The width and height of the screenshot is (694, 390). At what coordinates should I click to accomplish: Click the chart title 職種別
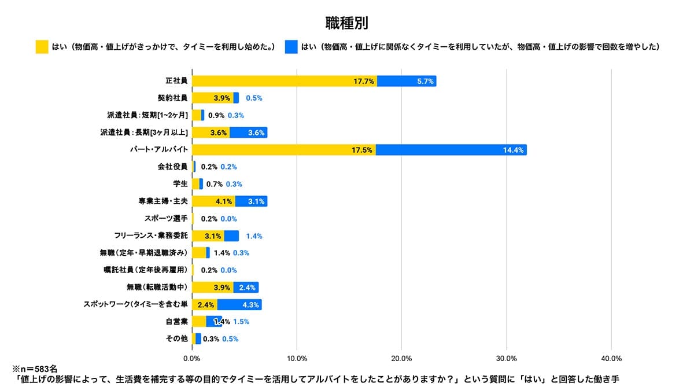point(346,23)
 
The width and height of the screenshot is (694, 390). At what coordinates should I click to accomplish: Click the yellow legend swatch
point(42,47)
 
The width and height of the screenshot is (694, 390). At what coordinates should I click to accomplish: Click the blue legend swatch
point(291,47)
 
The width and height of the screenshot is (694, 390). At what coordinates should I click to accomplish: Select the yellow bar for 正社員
point(284,81)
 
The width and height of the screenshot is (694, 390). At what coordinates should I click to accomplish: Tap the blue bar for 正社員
point(407,81)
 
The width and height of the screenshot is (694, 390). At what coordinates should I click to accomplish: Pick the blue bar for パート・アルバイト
point(451,150)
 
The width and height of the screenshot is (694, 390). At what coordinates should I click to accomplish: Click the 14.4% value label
point(513,150)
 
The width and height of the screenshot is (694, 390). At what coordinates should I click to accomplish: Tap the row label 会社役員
point(172,167)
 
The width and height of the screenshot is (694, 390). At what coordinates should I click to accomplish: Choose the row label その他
point(176,339)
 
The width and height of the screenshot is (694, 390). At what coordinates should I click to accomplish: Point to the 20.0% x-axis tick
point(401,358)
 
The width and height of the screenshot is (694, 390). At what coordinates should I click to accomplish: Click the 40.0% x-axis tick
point(611,358)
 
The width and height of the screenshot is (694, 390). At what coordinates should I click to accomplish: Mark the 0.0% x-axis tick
point(192,358)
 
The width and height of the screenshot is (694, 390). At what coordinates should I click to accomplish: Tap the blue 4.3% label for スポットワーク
point(250,304)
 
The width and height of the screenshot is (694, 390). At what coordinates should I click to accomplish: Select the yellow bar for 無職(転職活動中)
point(212,287)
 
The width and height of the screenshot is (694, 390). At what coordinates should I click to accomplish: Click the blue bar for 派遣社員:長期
point(248,133)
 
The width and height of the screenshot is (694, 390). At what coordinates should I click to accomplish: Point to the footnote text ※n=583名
point(34,368)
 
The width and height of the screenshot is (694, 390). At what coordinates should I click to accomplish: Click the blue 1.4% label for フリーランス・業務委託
point(254,236)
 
